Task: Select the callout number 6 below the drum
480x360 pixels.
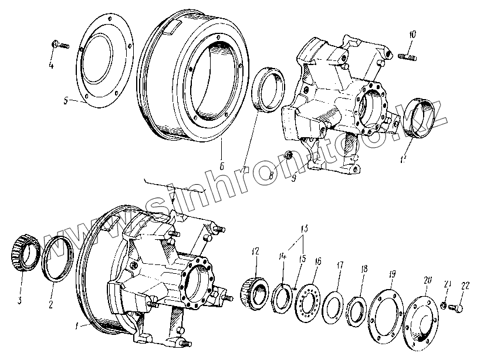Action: coord(222,166)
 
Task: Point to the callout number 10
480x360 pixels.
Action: coord(413,35)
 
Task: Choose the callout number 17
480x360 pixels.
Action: coord(339,265)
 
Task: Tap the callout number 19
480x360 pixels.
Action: coord(392,274)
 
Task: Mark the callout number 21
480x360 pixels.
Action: coord(448,285)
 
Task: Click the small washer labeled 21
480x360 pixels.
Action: coord(445,306)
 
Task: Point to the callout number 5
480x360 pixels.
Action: coord(67,100)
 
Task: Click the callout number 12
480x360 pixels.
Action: coord(255,252)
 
